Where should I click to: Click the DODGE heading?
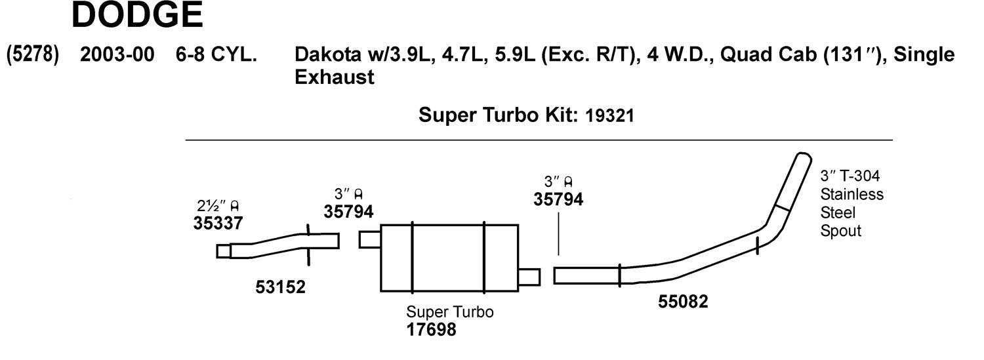[x=137, y=16]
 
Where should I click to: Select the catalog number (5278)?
[x=32, y=55]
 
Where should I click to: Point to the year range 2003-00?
[x=117, y=55]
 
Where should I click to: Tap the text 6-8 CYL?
[x=216, y=55]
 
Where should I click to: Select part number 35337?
[x=218, y=223]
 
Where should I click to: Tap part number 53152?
[x=281, y=287]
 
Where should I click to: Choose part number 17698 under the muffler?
[x=431, y=329]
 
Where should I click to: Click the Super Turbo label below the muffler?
[x=450, y=312]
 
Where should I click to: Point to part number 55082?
[x=683, y=302]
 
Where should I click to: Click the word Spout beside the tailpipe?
[x=840, y=231]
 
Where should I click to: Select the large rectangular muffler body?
[x=449, y=258]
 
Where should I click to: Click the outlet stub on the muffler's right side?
[x=529, y=277]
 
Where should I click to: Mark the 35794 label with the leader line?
[x=558, y=199]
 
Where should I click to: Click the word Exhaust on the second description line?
[x=335, y=77]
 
